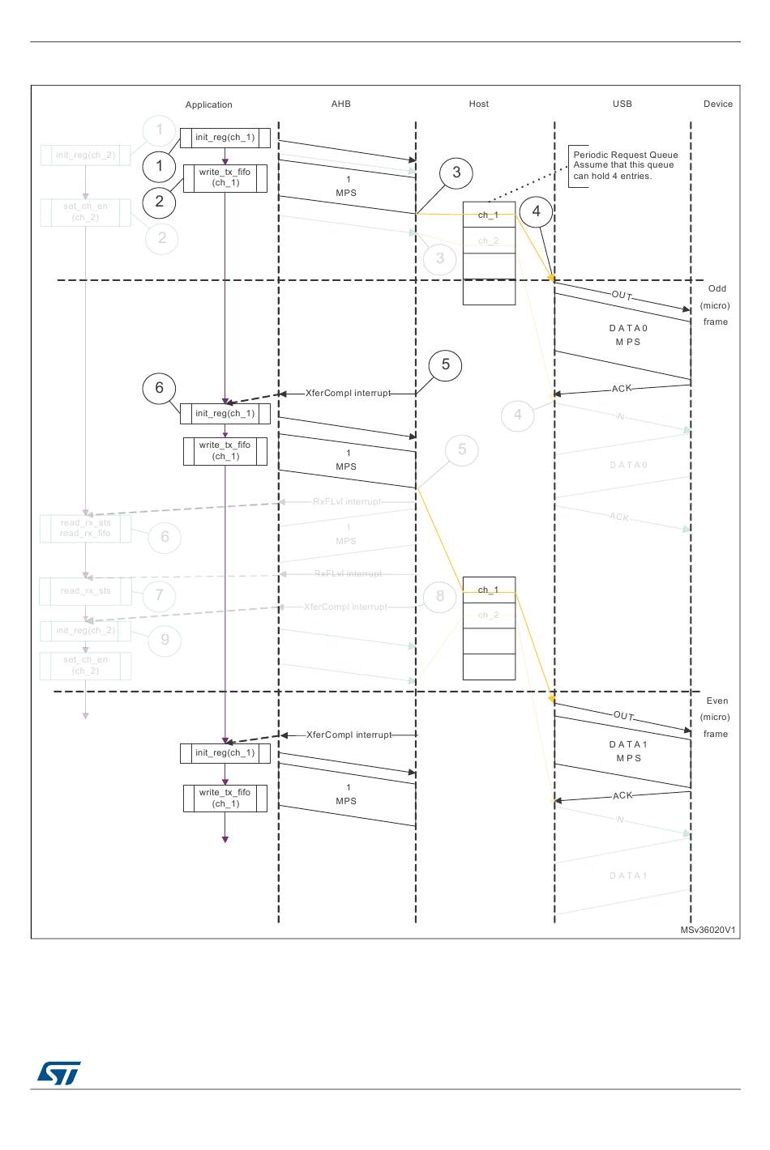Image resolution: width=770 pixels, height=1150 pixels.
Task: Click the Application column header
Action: coord(208,104)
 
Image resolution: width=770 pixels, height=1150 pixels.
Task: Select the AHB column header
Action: coord(340,104)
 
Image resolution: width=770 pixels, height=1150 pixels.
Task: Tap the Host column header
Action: coord(478,104)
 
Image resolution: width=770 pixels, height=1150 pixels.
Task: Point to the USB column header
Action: coord(622,104)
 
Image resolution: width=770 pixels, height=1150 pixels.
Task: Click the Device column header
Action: coord(717,104)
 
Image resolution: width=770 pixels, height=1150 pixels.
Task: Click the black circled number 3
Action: coord(456,172)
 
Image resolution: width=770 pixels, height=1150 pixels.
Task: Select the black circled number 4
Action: coord(536,211)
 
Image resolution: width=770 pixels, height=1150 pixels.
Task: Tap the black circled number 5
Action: coord(445,365)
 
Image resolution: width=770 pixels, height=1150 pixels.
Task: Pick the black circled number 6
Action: coord(159,388)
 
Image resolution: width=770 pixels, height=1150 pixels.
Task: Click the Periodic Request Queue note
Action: coord(625,165)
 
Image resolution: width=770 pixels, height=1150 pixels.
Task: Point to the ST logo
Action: coord(58,1073)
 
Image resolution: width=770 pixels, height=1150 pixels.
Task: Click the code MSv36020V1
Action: coord(708,930)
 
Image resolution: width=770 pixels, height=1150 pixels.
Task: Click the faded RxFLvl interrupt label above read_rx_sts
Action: coord(347,502)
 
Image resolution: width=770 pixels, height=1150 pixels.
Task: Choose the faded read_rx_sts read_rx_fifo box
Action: coord(85,528)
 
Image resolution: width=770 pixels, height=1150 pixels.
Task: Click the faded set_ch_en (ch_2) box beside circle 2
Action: coord(85,212)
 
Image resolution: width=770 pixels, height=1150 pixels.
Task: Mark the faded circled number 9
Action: coord(165,640)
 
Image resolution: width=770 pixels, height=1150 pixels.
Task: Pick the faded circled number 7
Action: coord(159,596)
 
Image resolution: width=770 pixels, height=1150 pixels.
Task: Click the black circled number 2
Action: coord(159,202)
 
